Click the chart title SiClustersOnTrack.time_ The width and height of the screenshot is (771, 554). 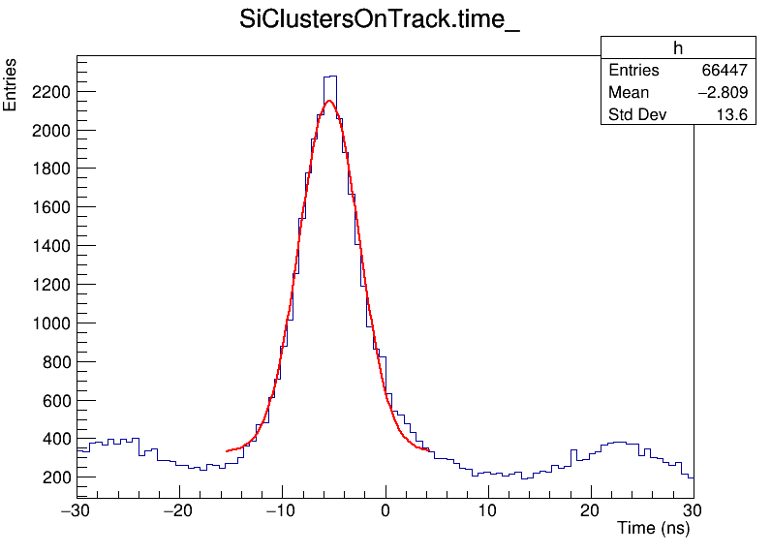[380, 21]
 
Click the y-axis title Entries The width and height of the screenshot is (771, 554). [11, 84]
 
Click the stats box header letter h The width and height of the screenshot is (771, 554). [678, 48]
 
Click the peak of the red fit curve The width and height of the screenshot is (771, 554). [329, 100]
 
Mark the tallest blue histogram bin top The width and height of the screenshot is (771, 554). [331, 76]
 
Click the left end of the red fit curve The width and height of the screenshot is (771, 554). [227, 450]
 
